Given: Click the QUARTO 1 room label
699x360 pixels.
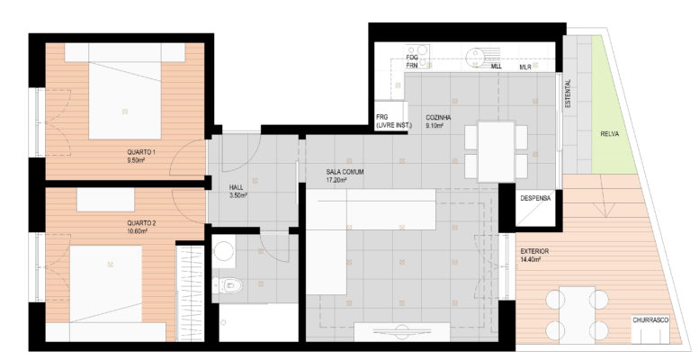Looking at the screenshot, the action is [x=141, y=152].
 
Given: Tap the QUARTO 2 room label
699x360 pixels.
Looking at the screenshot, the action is [x=141, y=223].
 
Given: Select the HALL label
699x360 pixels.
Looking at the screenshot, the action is [x=237, y=187].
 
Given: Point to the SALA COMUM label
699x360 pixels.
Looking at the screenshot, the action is [x=345, y=172].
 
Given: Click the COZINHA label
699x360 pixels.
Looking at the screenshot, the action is [x=438, y=118].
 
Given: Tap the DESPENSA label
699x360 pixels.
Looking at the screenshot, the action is [x=535, y=198].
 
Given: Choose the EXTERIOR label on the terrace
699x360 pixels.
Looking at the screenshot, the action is [x=534, y=252].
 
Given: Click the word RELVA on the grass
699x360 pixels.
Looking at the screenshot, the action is [x=609, y=134].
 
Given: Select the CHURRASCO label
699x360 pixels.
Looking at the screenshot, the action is [x=650, y=320].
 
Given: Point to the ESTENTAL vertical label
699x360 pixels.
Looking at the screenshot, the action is [x=568, y=94].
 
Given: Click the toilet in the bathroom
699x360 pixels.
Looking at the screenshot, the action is [x=228, y=285].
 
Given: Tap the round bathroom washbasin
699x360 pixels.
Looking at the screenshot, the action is [x=224, y=251].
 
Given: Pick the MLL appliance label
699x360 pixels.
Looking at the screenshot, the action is [x=497, y=67].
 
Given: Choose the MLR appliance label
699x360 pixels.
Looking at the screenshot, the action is [x=525, y=67].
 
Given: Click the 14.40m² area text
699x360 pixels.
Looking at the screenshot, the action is [x=531, y=259].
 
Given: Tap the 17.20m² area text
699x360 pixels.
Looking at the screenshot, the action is [x=336, y=180].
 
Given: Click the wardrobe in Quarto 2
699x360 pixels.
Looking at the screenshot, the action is [x=191, y=293].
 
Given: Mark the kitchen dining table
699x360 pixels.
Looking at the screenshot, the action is [x=497, y=152].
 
